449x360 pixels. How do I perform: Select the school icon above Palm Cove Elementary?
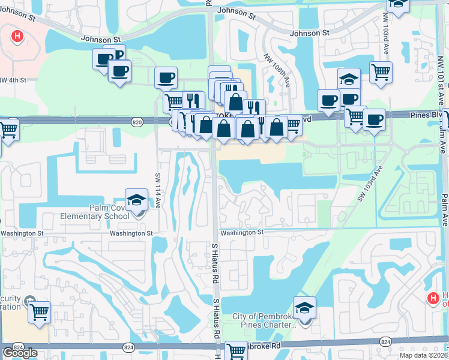[x=136, y=199]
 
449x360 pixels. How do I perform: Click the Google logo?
[x=20, y=353]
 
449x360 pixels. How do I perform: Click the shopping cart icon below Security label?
[x=39, y=311]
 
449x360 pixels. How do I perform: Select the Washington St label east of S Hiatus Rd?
[x=242, y=232]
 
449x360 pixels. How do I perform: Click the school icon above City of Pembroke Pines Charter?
[x=304, y=308]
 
